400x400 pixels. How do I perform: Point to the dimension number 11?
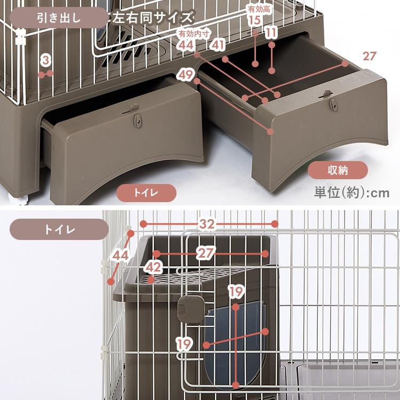(271, 33)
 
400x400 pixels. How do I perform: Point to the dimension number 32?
(209, 225)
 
